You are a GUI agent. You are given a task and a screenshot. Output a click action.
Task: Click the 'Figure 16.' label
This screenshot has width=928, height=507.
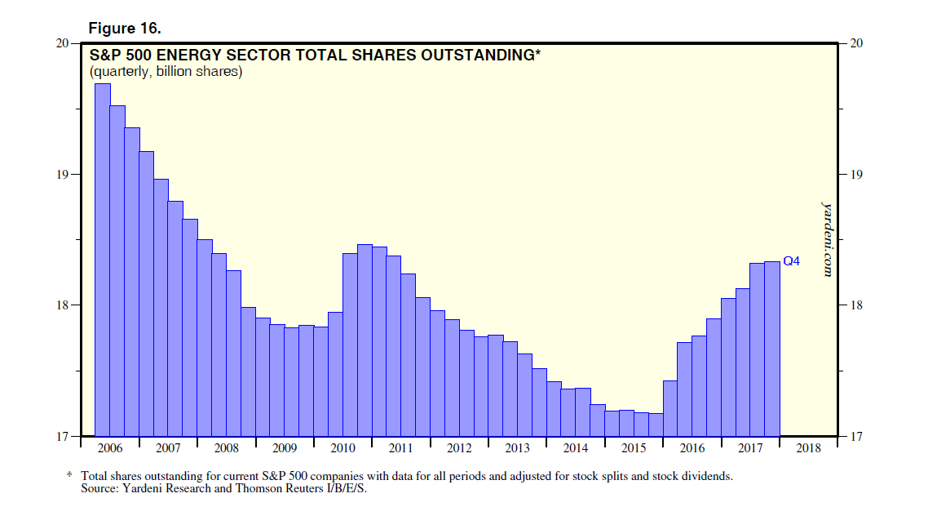[125, 29]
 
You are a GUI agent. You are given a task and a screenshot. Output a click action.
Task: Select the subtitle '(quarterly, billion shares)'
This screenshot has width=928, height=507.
[166, 72]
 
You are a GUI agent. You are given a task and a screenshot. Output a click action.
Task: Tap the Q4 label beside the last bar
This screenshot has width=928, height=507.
[792, 261]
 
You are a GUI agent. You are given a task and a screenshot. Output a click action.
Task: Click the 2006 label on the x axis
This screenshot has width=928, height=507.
[109, 448]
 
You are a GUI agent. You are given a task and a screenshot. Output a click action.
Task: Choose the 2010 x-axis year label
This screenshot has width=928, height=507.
[342, 448]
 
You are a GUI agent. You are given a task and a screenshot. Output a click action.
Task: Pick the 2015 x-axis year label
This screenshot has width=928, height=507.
[634, 448]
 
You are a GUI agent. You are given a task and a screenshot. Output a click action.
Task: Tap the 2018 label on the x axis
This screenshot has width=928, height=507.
[808, 448]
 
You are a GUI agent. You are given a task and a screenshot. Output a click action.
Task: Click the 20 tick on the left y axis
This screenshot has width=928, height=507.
[61, 43]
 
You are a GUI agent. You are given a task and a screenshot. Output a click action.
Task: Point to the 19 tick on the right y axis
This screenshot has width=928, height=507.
[856, 175]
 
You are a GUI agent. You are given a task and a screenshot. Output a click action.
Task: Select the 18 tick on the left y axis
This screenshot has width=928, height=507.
[61, 305]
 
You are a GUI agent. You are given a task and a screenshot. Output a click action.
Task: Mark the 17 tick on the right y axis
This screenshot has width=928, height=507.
[856, 436]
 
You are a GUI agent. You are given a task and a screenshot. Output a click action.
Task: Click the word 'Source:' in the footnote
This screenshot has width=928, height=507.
[101, 489]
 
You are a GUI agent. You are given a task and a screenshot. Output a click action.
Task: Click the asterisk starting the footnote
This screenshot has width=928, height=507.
[69, 474]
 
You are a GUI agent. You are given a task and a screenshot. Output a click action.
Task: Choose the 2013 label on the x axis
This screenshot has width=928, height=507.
[517, 448]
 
